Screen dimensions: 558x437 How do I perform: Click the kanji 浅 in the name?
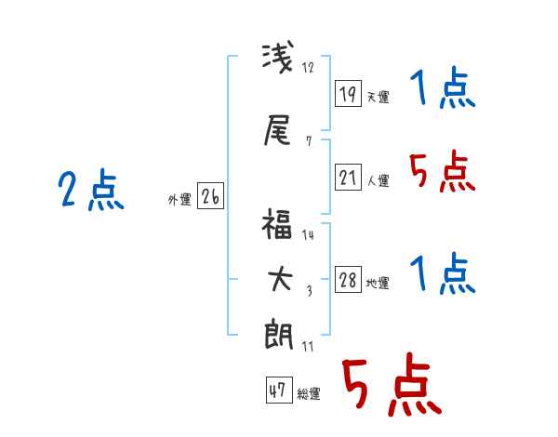(278, 59)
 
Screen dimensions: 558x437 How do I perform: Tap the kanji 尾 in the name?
(277, 129)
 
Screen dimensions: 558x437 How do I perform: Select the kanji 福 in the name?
(277, 223)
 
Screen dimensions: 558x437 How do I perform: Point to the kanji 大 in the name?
(280, 279)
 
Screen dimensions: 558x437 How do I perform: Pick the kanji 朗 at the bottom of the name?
(279, 335)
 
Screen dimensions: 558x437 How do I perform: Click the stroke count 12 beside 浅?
(308, 67)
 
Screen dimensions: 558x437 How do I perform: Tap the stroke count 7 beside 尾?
(309, 141)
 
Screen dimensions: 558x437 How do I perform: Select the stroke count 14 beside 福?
(308, 235)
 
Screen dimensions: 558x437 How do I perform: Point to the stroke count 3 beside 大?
(310, 291)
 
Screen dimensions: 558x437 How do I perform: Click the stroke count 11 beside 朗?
(308, 346)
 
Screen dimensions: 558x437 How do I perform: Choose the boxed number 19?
(348, 94)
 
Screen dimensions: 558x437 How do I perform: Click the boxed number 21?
(348, 177)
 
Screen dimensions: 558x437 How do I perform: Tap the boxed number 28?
(348, 279)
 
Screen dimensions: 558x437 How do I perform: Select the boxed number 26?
(210, 196)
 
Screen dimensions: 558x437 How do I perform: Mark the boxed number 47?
(279, 390)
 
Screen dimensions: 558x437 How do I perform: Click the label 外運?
(179, 200)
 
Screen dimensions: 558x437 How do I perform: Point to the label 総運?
(309, 394)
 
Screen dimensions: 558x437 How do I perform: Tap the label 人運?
(379, 180)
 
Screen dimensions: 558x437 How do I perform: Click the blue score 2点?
(91, 190)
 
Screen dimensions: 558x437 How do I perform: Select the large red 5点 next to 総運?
(392, 384)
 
